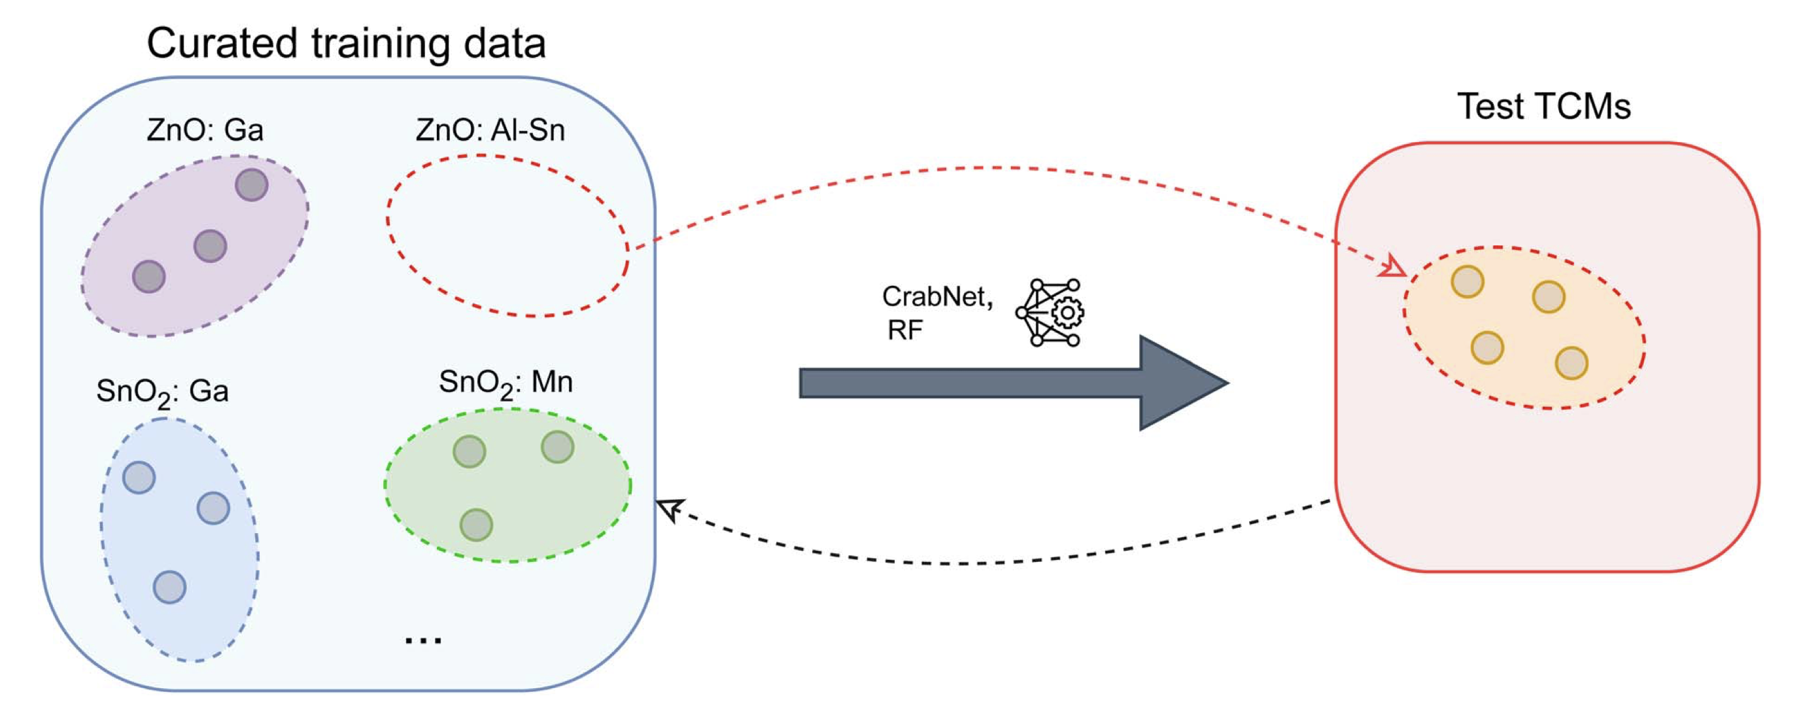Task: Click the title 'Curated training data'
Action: point(346,43)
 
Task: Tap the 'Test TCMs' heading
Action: point(1544,107)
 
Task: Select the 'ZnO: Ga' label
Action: point(205,130)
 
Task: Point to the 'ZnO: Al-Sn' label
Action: point(490,130)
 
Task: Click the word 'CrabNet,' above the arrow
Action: point(937,296)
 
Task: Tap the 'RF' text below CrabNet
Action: point(904,330)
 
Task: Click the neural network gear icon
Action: point(1050,313)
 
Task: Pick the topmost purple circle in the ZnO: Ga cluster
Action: point(252,185)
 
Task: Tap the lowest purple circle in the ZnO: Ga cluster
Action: point(148,276)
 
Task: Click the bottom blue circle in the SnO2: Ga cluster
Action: point(169,587)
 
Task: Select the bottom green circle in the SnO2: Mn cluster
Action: point(477,525)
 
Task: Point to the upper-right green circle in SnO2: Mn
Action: point(558,447)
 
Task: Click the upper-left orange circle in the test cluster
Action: point(1468,282)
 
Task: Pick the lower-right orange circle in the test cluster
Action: point(1571,363)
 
